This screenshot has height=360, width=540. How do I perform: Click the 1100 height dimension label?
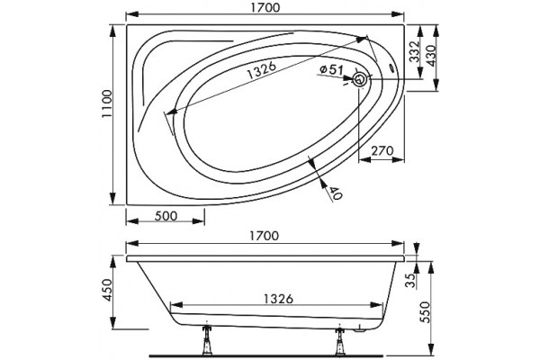click(107, 103)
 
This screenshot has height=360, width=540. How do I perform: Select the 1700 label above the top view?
click(265, 7)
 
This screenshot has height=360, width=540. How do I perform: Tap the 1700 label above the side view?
click(264, 236)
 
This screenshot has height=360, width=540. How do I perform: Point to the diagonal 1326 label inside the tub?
click(262, 70)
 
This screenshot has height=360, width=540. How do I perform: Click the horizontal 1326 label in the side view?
click(278, 299)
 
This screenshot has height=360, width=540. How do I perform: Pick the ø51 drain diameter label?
click(331, 70)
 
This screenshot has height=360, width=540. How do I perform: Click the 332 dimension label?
click(414, 51)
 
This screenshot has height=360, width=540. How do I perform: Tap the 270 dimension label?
click(382, 150)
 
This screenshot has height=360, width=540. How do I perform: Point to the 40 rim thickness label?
click(336, 193)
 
